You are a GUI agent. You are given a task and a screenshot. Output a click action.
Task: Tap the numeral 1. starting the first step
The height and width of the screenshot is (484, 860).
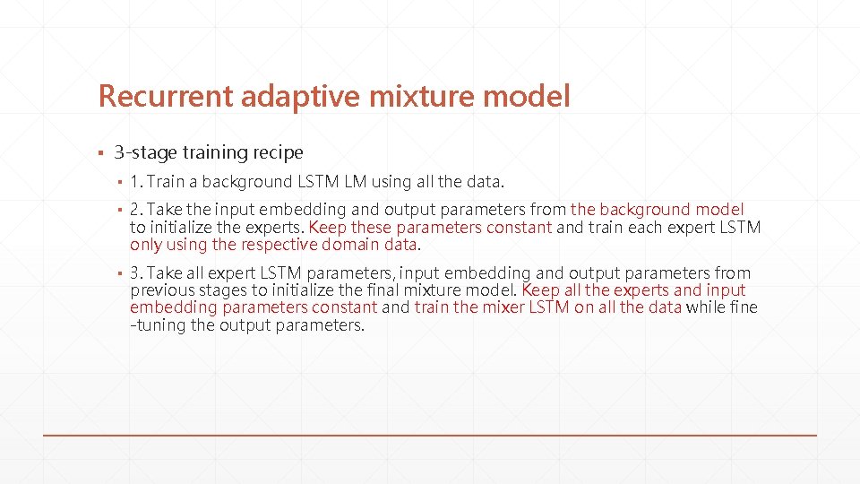click(136, 182)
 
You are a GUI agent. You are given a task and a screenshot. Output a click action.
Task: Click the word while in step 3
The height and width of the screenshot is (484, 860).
click(705, 307)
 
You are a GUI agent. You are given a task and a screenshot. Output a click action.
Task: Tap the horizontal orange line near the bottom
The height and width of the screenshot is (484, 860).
click(430, 435)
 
